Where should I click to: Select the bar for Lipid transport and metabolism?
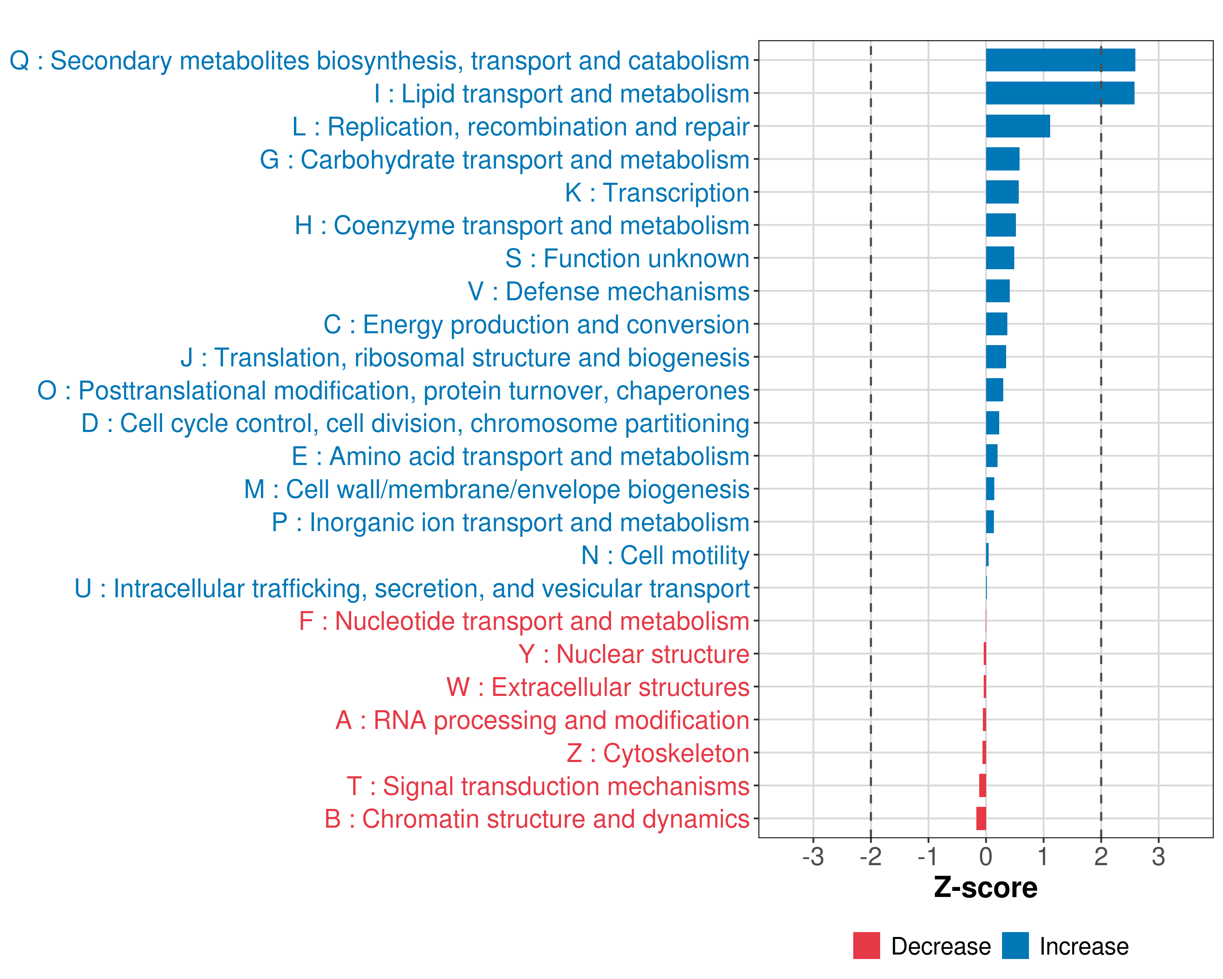(x=1060, y=93)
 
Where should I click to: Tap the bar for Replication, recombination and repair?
(x=1018, y=126)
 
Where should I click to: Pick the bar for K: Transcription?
(x=1002, y=192)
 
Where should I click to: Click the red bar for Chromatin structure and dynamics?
(x=981, y=818)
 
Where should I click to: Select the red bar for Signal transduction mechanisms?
(x=982, y=786)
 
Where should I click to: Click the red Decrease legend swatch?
(x=866, y=946)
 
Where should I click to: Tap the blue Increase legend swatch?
(x=1015, y=946)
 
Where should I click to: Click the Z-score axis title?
(x=985, y=887)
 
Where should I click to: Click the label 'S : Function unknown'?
(x=627, y=259)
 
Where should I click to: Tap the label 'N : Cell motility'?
(x=665, y=556)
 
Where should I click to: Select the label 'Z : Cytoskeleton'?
(x=658, y=753)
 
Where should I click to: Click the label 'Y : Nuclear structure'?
(x=634, y=654)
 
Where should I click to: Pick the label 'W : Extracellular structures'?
(x=597, y=687)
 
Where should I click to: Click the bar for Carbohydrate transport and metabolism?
(x=1002, y=159)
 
